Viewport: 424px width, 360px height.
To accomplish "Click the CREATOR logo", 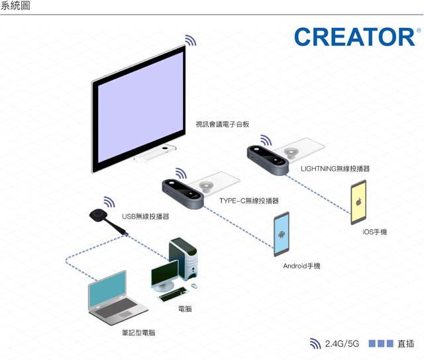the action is pos(355,37).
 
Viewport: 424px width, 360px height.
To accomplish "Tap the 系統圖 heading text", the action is pos(15,5).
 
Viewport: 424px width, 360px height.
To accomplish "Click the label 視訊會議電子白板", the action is pos(223,124).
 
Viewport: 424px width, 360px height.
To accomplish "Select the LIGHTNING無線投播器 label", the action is pos(335,169).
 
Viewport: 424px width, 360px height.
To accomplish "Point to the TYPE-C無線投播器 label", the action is pos(249,201).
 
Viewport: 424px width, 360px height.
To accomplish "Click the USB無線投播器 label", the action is pos(146,216).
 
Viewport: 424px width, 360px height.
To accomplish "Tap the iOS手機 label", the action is pos(374,232).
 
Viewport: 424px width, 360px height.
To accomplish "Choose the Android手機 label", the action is pos(301,266).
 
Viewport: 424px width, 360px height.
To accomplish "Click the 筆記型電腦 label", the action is pos(138,332).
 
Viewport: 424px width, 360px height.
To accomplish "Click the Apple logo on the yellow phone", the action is pos(359,201).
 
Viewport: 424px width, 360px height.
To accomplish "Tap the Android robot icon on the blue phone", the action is pos(281,234).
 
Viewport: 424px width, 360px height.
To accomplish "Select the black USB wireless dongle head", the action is pos(97,215).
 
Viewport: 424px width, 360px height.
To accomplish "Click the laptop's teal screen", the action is pos(108,289).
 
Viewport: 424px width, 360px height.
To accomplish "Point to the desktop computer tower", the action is pos(183,258).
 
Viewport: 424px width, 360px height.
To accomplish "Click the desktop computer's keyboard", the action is pos(173,294).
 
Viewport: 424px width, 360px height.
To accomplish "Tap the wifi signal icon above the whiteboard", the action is pos(190,40).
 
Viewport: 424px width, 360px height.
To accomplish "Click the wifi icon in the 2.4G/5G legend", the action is pos(315,343).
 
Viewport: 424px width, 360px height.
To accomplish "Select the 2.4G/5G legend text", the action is pos(342,344).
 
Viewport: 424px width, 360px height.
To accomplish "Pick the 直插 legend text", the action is pos(405,344).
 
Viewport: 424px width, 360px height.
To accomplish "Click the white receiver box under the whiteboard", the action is pos(155,154).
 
